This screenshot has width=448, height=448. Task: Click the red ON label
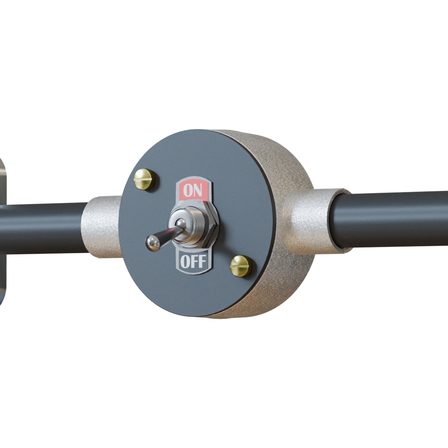click(x=193, y=190)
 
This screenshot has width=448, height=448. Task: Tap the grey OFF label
click(x=193, y=262)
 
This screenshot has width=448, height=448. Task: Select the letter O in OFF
click(x=185, y=262)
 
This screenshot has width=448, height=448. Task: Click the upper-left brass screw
click(x=144, y=179)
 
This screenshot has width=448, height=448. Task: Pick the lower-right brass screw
click(x=240, y=266)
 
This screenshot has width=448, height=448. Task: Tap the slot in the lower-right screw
click(x=240, y=265)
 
